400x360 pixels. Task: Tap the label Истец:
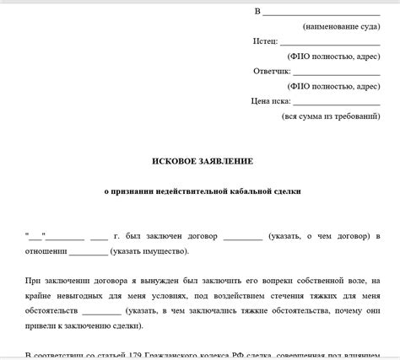click(264, 40)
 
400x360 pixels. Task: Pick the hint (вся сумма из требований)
click(331, 116)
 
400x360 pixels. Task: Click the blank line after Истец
click(329, 42)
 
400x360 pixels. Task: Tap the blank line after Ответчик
click(335, 73)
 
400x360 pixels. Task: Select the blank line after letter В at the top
click(321, 13)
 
